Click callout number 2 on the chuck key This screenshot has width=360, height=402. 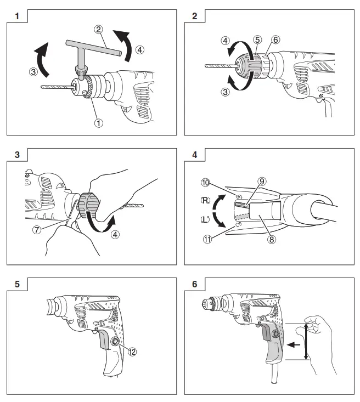98,29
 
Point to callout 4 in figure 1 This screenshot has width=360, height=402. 140,49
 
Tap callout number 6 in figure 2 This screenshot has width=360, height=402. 275,39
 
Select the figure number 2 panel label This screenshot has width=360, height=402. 194,16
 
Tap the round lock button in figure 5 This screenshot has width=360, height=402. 116,342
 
